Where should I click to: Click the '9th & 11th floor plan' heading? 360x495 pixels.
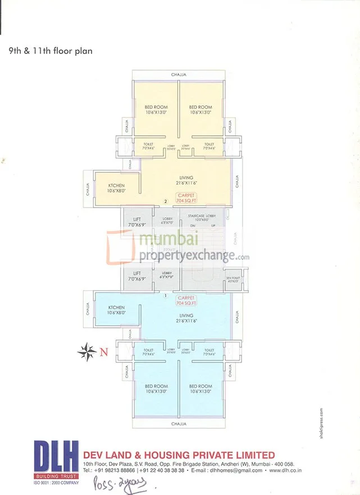50,51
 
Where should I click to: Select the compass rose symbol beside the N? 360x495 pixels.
87,352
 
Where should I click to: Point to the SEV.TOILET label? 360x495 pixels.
233,278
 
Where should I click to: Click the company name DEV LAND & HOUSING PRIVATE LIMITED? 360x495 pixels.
179,455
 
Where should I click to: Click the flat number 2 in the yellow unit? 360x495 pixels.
166,201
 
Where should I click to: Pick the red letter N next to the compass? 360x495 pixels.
103,352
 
